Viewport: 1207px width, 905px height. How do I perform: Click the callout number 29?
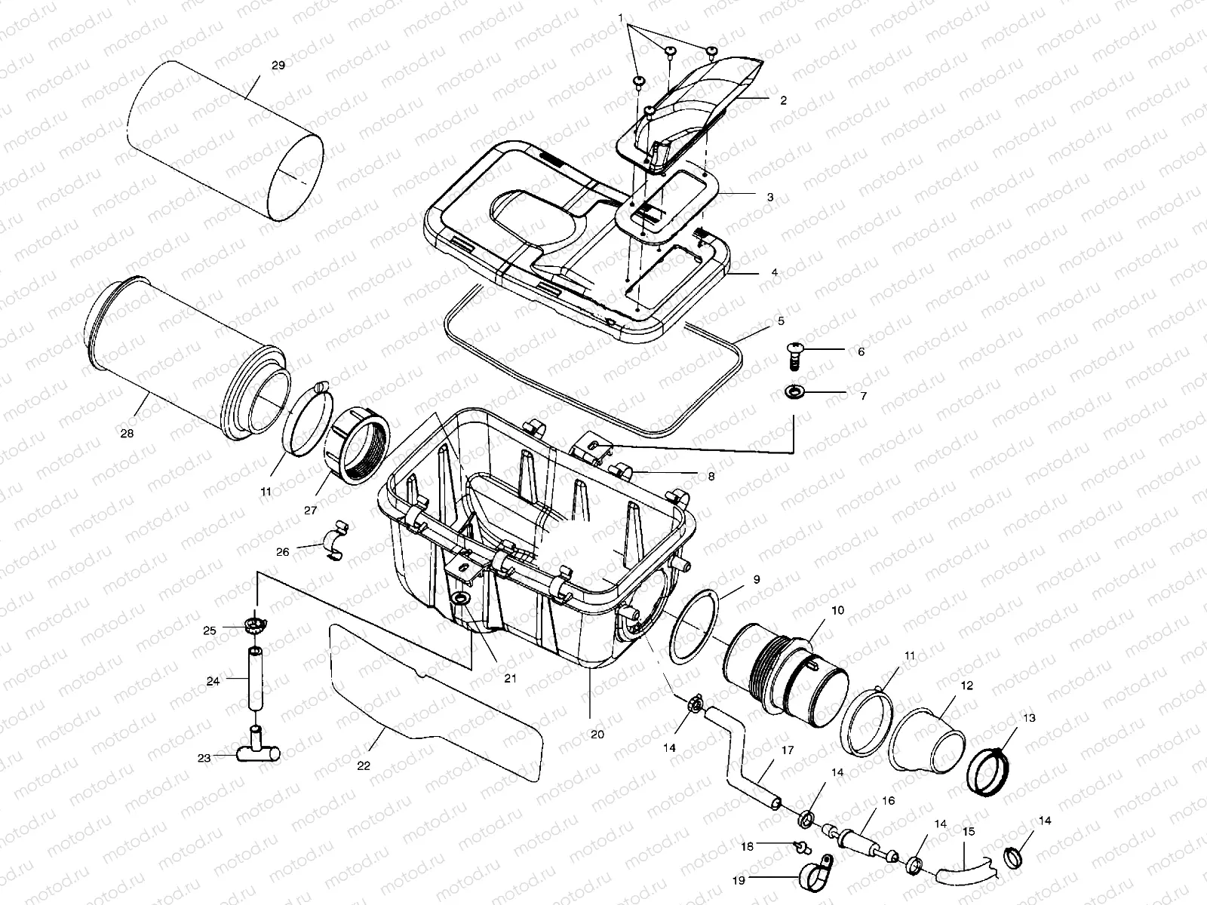(278, 66)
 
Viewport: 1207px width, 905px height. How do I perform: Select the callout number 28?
(127, 434)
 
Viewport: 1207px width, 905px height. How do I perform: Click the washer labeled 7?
(794, 392)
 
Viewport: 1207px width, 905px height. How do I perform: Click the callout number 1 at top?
(620, 17)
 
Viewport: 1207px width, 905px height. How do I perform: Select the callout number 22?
(364, 765)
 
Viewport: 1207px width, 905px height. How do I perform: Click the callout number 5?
(781, 321)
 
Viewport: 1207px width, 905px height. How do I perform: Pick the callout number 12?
(967, 686)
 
